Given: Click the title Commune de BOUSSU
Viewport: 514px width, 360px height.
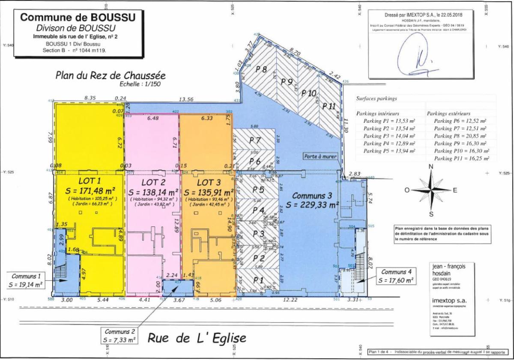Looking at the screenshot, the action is [x=78, y=18].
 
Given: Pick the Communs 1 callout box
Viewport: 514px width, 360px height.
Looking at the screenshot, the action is [x=26, y=280].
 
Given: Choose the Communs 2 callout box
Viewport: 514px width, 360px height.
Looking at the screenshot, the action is [x=120, y=336].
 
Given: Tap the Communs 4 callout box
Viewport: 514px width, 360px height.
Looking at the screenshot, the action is [x=396, y=276].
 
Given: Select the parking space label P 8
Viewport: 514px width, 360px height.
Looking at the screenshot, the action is [x=261, y=69].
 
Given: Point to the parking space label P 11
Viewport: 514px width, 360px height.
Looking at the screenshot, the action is [x=329, y=106].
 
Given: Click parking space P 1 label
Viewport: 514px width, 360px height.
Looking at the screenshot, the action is [x=258, y=280].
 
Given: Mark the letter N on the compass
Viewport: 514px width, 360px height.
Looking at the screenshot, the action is [x=431, y=167].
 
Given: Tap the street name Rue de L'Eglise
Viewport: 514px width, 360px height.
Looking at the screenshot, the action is [x=197, y=338].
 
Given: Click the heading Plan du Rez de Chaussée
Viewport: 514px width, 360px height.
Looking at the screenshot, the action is [x=111, y=75].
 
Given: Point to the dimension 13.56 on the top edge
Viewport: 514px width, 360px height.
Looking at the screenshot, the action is [x=185, y=99].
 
